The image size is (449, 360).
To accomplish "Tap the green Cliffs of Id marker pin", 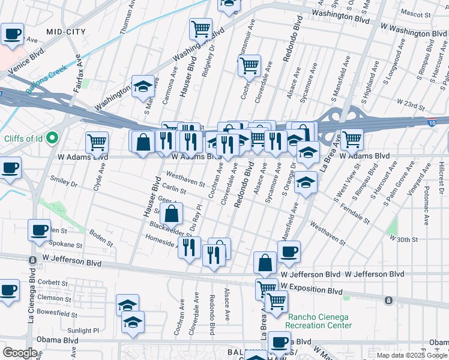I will coord(52,138).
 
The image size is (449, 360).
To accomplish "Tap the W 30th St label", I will coord(403,239).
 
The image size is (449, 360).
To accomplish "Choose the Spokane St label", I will coord(66,245).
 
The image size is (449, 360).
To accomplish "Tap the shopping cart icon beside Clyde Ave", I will coord(97,142).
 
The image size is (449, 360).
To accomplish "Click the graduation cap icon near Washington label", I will coord(143,86).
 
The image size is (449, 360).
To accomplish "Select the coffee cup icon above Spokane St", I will coord(39,229).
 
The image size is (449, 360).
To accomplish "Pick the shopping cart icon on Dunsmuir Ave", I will coord(249,65).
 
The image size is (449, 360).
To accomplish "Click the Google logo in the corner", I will coord(20,353).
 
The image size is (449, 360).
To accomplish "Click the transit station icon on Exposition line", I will coord(388,299).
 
